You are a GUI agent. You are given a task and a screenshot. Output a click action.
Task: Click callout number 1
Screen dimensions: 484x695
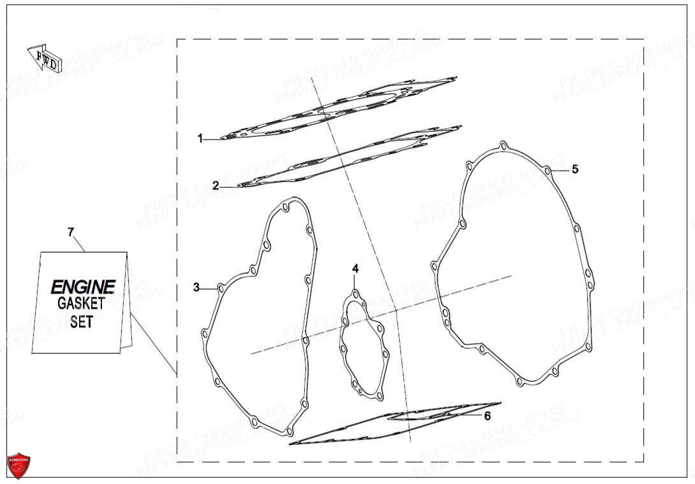coord(200,138)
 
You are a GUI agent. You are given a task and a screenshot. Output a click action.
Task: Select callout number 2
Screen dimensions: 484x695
coord(216,186)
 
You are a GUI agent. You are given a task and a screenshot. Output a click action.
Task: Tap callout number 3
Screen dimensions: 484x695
coord(196,287)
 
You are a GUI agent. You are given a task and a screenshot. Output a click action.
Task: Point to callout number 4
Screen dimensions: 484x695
coord(356,269)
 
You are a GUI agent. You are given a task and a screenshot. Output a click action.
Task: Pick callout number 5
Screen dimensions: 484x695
coord(574,169)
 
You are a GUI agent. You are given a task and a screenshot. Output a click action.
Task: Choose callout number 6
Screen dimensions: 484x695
coord(487,416)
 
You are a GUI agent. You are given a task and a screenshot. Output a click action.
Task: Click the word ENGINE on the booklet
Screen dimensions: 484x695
coord(83,287)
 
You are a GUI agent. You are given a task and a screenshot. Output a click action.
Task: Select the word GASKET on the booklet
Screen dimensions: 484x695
coord(81,304)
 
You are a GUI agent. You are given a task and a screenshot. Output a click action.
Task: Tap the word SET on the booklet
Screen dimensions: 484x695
coord(82,322)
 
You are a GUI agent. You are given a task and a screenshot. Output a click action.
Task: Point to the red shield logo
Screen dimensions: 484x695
coord(18,466)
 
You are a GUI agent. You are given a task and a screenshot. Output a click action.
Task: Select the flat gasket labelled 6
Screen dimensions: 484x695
coord(395,423)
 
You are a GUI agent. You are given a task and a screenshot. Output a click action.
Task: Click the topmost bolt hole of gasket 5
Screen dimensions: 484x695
coord(503,146)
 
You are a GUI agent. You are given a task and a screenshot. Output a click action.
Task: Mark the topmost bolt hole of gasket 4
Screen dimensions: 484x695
coord(355,294)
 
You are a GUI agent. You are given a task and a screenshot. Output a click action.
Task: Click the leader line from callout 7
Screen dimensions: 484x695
coord(153,344)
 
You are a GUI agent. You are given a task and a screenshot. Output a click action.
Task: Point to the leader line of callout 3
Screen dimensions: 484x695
coord(208,288)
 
